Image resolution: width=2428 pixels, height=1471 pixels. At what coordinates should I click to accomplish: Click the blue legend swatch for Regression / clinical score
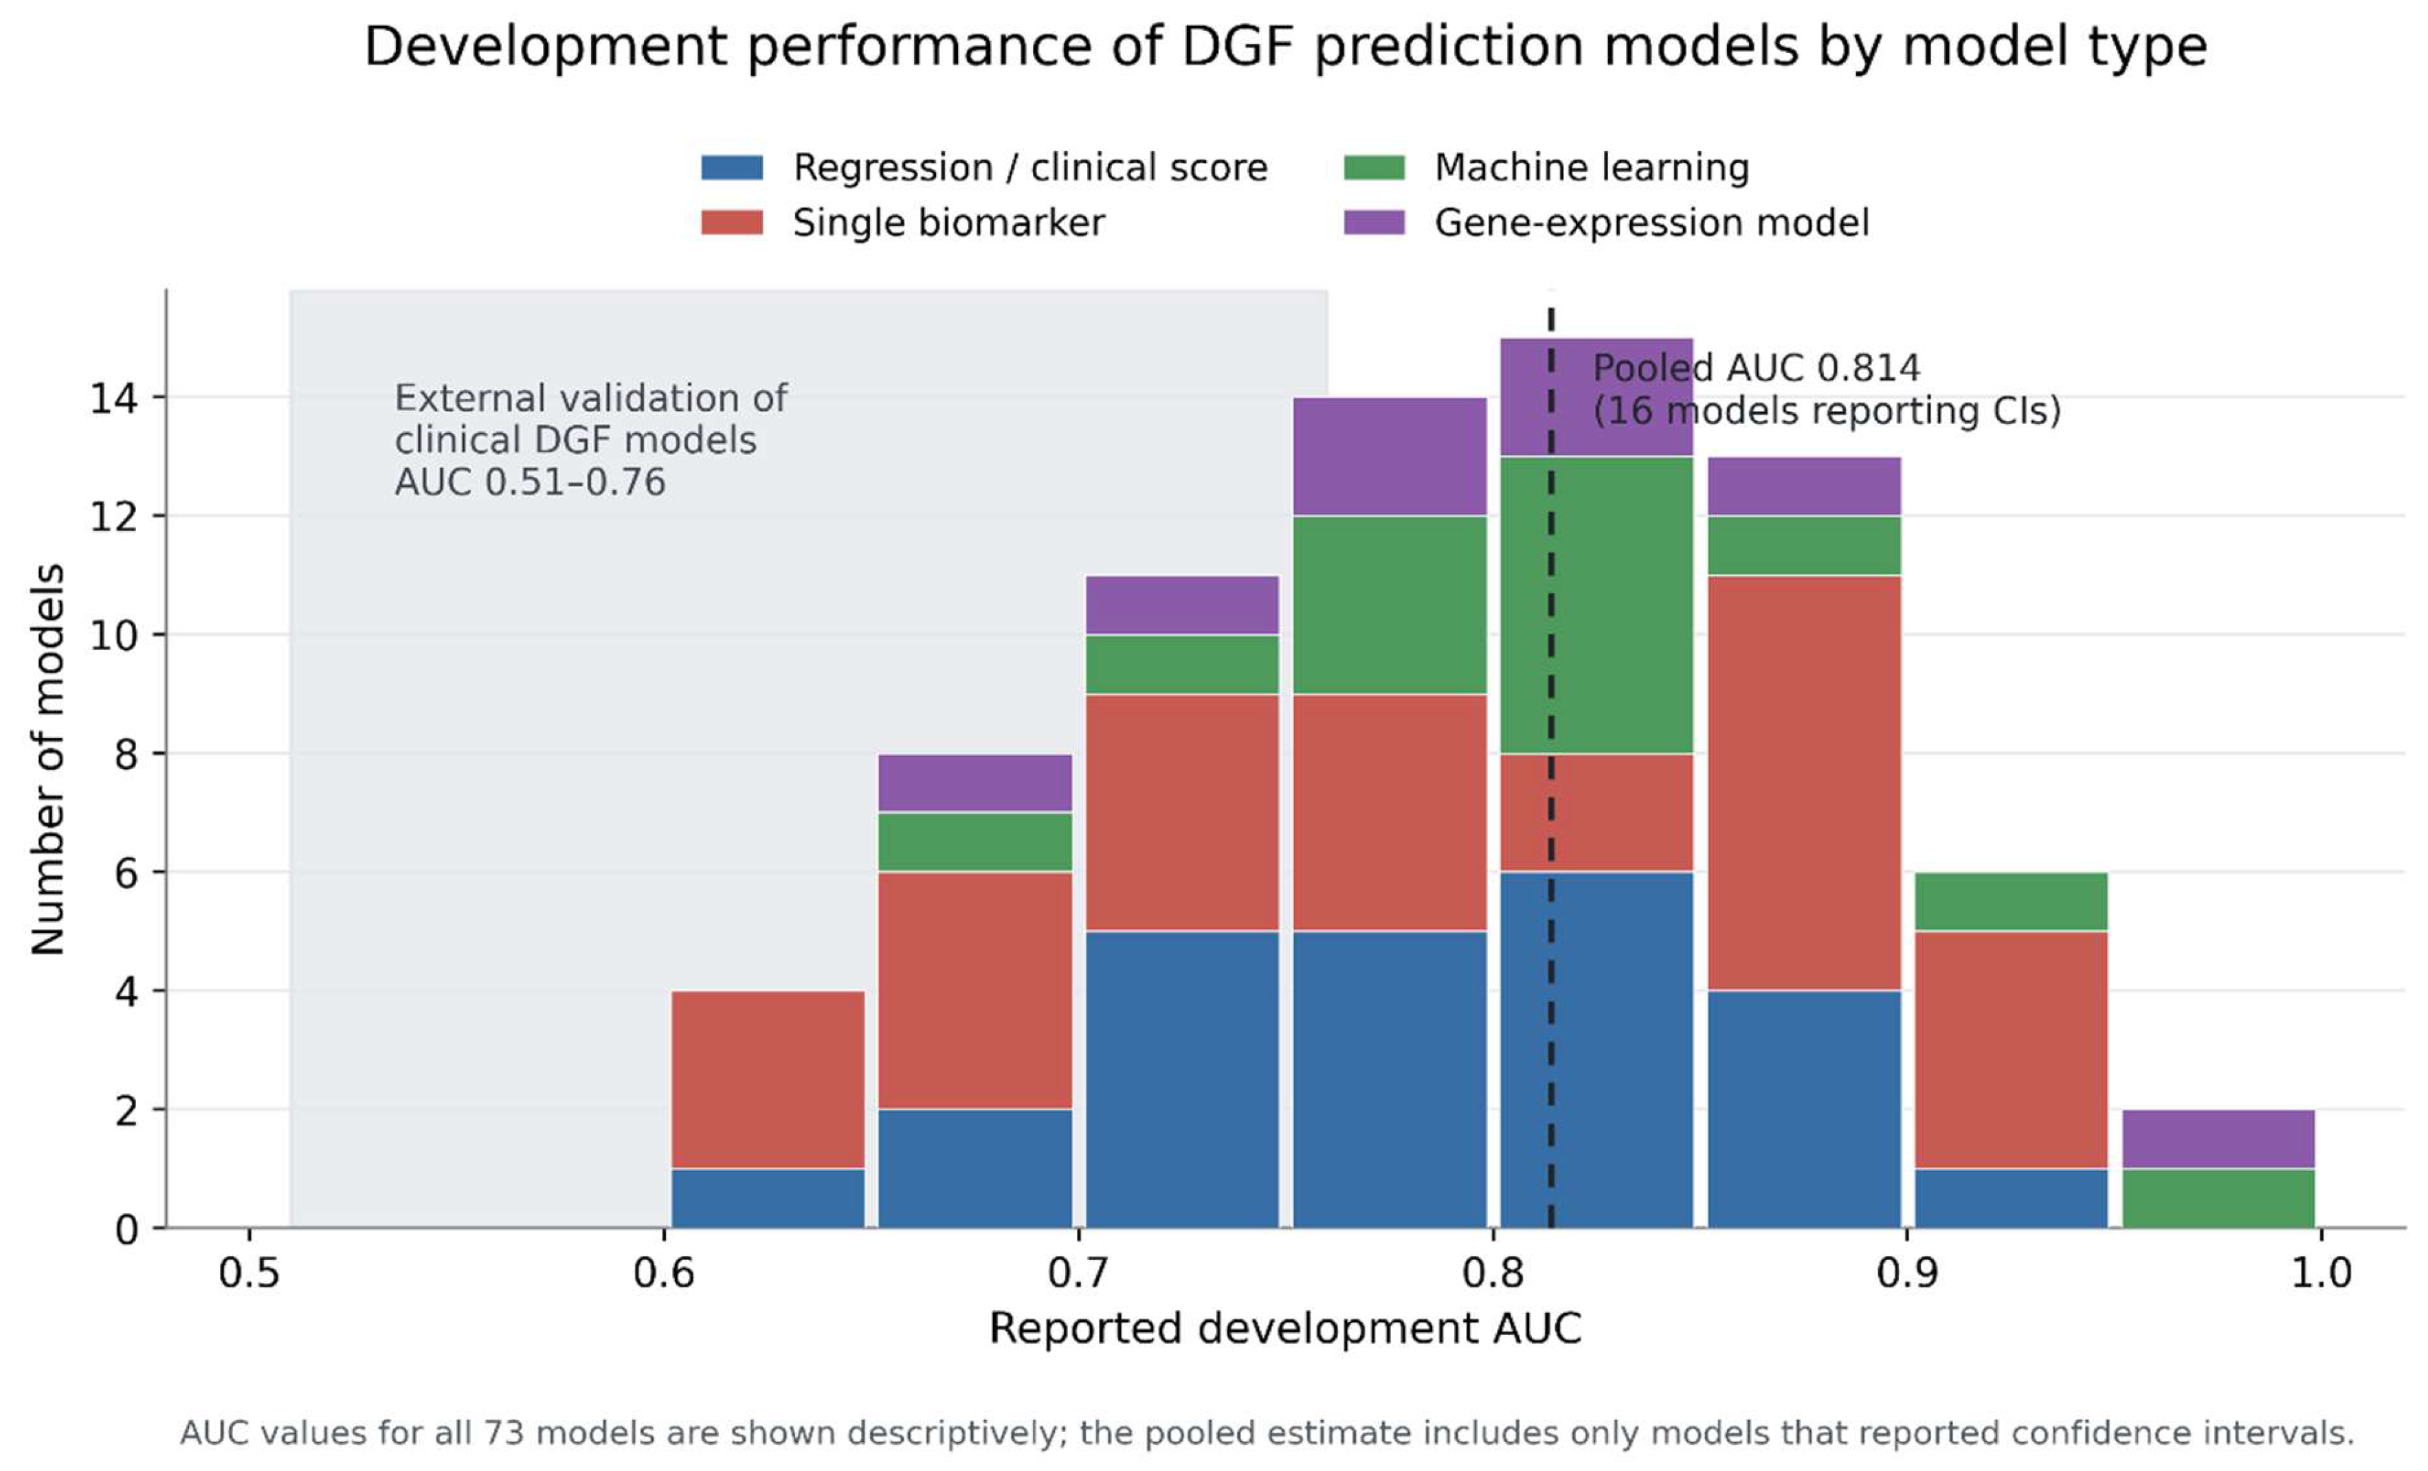[731, 168]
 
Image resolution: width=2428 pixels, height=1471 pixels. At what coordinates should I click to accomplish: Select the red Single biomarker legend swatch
[731, 223]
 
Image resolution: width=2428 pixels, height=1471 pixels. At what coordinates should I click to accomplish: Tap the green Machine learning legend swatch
[1374, 168]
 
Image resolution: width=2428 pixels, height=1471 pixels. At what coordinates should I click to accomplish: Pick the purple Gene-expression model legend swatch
[1374, 223]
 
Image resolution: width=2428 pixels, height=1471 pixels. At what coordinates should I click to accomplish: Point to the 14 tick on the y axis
[113, 398]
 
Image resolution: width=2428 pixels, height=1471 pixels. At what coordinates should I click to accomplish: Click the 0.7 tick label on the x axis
[1078, 1273]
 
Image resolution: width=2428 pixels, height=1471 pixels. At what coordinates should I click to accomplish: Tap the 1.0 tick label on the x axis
[2321, 1273]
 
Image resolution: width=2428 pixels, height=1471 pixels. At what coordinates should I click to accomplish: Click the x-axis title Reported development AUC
[1285, 1328]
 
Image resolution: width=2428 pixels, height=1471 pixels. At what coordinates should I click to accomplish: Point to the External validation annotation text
[590, 440]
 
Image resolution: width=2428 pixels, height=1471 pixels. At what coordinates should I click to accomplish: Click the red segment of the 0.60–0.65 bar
[768, 1080]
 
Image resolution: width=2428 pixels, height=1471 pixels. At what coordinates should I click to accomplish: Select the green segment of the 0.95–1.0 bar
[2218, 1198]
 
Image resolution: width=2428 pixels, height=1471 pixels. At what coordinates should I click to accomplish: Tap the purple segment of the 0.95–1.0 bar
[2218, 1139]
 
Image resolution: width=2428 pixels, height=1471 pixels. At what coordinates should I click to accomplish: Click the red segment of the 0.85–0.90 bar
[1803, 783]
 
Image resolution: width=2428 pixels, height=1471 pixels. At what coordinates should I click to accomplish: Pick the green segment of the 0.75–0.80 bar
[1390, 605]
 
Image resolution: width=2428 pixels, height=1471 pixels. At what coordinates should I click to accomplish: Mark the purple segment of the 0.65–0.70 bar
[974, 783]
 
